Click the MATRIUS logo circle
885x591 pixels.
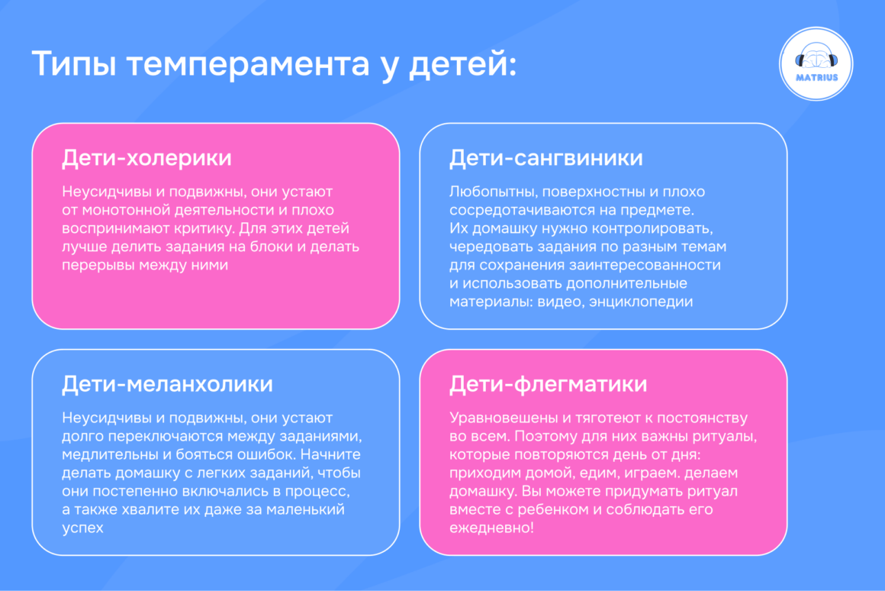point(816,63)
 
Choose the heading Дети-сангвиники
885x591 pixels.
point(545,158)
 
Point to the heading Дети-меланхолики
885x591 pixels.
point(167,383)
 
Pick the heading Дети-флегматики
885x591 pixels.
point(548,383)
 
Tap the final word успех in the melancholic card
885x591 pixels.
point(82,528)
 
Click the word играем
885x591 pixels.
point(639,473)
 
